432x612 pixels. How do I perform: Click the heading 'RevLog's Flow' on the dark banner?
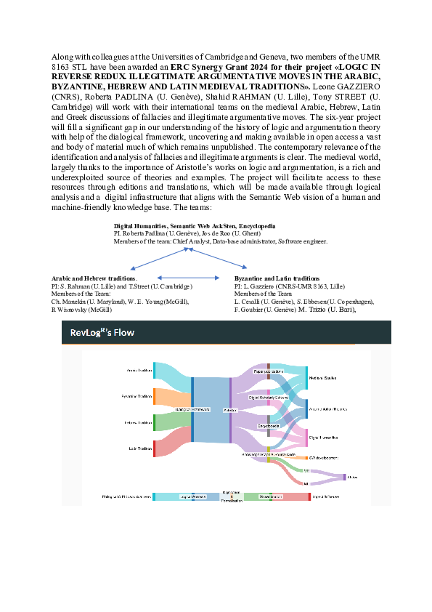(102, 333)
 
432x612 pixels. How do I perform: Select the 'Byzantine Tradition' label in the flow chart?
(137, 397)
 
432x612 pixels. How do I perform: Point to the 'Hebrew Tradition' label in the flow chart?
(138, 422)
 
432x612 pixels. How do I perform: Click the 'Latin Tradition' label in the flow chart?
(139, 448)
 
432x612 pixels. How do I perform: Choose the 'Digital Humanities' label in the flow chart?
(324, 438)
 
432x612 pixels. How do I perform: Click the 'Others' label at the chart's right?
(354, 477)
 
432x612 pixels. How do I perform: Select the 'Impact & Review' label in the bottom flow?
(325, 496)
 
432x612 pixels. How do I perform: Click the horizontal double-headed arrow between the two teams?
(189, 278)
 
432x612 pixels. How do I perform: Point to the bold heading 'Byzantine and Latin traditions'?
(277, 278)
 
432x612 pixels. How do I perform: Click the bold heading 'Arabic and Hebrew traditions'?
(94, 278)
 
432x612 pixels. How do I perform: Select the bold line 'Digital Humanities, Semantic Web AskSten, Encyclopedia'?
(195, 226)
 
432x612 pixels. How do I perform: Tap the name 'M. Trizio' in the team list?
(317, 310)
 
